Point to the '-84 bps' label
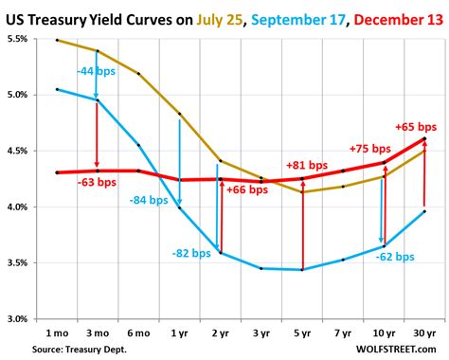pos(150,200)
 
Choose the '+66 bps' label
pos(248,189)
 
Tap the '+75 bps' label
pos(369,148)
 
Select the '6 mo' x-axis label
pos(138,333)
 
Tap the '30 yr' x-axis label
pos(423,333)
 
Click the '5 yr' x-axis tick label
pos(301,333)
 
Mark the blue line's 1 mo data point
pos(57,89)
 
